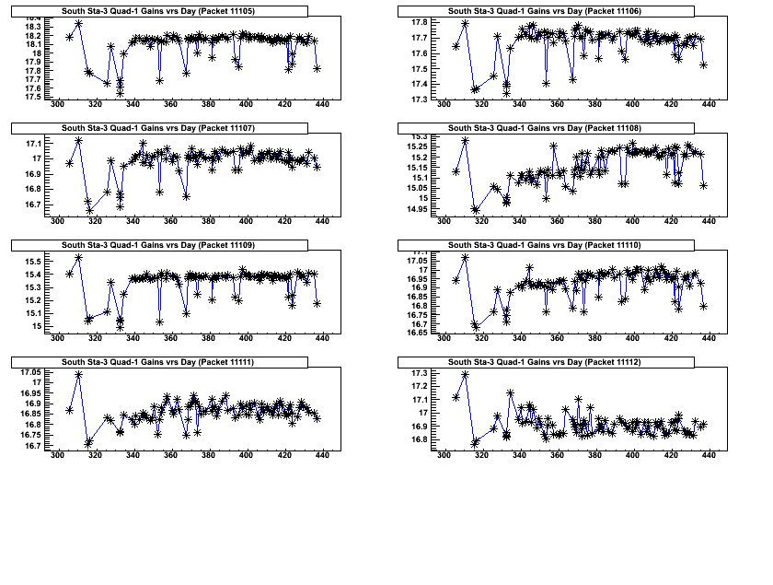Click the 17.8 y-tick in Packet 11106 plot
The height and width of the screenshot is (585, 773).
(419, 22)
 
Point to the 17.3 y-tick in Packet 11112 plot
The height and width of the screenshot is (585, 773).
(419, 373)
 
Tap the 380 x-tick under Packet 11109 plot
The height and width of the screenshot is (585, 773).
(209, 339)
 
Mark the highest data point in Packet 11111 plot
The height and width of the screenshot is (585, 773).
(78, 375)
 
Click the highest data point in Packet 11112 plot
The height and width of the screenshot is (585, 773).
(465, 374)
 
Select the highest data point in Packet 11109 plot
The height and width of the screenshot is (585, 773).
(78, 257)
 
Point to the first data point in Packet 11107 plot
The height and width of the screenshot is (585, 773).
(69, 163)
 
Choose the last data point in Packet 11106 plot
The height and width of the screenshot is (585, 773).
(703, 64)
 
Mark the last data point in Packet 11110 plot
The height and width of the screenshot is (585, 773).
(703, 306)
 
